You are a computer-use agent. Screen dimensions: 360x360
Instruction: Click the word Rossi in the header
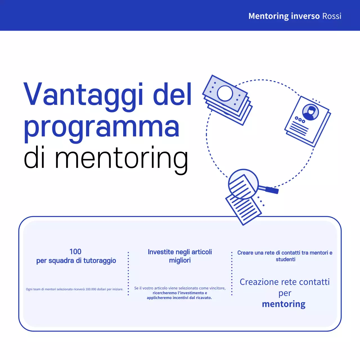point(332,16)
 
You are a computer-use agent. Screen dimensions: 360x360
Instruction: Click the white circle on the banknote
point(225,93)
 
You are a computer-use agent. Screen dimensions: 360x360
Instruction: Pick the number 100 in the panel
point(75,251)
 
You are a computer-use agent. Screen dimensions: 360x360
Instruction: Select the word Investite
point(161,252)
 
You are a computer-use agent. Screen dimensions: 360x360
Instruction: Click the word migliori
point(180,260)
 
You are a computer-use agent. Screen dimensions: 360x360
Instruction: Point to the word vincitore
point(216,288)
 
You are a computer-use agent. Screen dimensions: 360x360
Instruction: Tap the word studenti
point(285,259)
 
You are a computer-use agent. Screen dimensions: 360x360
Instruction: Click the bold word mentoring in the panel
point(283,304)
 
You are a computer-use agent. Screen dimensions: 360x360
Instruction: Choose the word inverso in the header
point(305,16)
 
